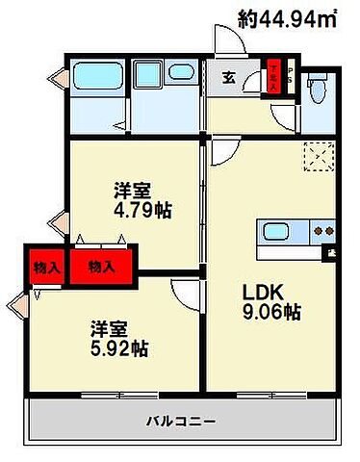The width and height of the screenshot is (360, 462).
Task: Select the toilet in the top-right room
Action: click(317, 90)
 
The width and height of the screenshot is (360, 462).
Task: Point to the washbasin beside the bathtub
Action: click(180, 73)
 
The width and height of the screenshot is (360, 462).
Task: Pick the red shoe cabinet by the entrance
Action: click(273, 78)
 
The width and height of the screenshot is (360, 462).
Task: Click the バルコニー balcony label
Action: click(180, 420)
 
